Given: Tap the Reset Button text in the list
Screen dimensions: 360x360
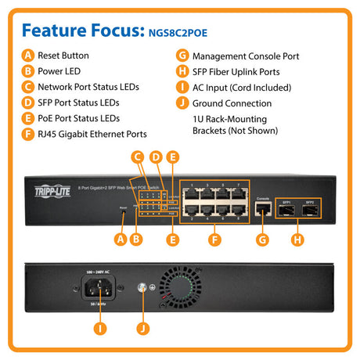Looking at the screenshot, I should point(63,56).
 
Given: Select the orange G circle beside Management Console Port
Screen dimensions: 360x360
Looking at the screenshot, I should point(182,56).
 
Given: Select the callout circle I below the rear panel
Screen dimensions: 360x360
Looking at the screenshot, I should point(99,327).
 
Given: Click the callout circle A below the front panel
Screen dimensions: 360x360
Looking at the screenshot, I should point(121,238).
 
